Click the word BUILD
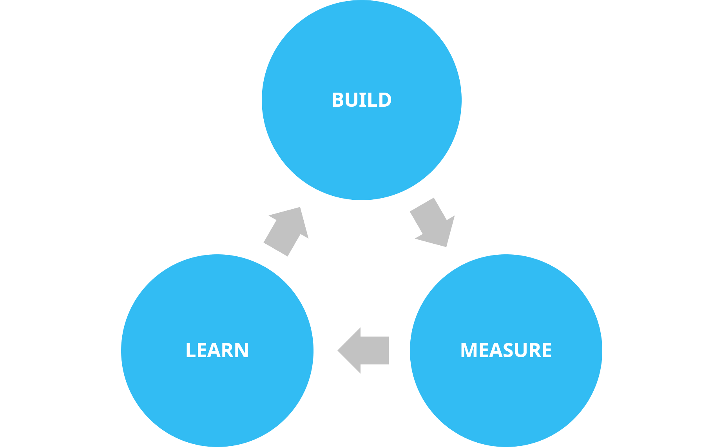click(361, 100)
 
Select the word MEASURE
click(506, 350)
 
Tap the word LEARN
click(217, 350)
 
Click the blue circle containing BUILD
click(361, 149)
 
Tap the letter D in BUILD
click(384, 100)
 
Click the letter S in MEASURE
click(508, 350)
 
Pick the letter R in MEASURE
click(534, 350)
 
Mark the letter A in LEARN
click(215, 350)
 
